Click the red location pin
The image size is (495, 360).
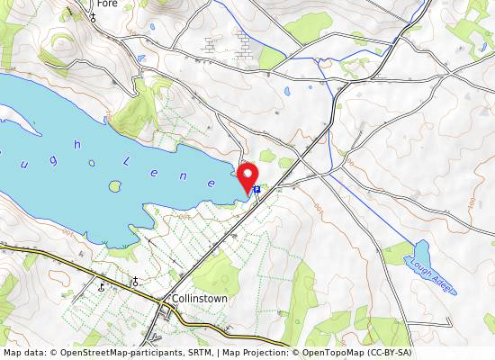247,176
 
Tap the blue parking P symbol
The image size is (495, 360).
257,190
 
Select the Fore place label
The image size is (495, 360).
107,4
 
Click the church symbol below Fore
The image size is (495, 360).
93,17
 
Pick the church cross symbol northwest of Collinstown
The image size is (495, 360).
135,282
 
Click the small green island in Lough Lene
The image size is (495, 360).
115,186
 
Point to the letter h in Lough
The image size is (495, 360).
78,144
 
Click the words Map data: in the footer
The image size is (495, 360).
24,353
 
